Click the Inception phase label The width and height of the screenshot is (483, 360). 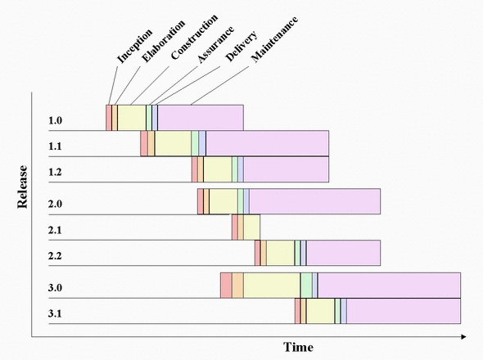(136, 46)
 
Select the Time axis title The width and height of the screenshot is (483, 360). (298, 347)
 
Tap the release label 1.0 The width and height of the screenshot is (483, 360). (55, 122)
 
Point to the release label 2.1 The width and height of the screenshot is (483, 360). (55, 230)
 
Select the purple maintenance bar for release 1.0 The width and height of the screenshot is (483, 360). (200, 118)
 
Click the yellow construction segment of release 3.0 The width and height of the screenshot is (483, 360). (272, 285)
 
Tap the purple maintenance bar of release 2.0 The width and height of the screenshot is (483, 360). (314, 201)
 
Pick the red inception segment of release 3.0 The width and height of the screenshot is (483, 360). (226, 285)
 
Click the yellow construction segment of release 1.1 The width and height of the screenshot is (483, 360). (173, 143)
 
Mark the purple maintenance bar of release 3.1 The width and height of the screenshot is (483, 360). (403, 312)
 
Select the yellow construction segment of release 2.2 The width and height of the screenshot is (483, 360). (280, 253)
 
